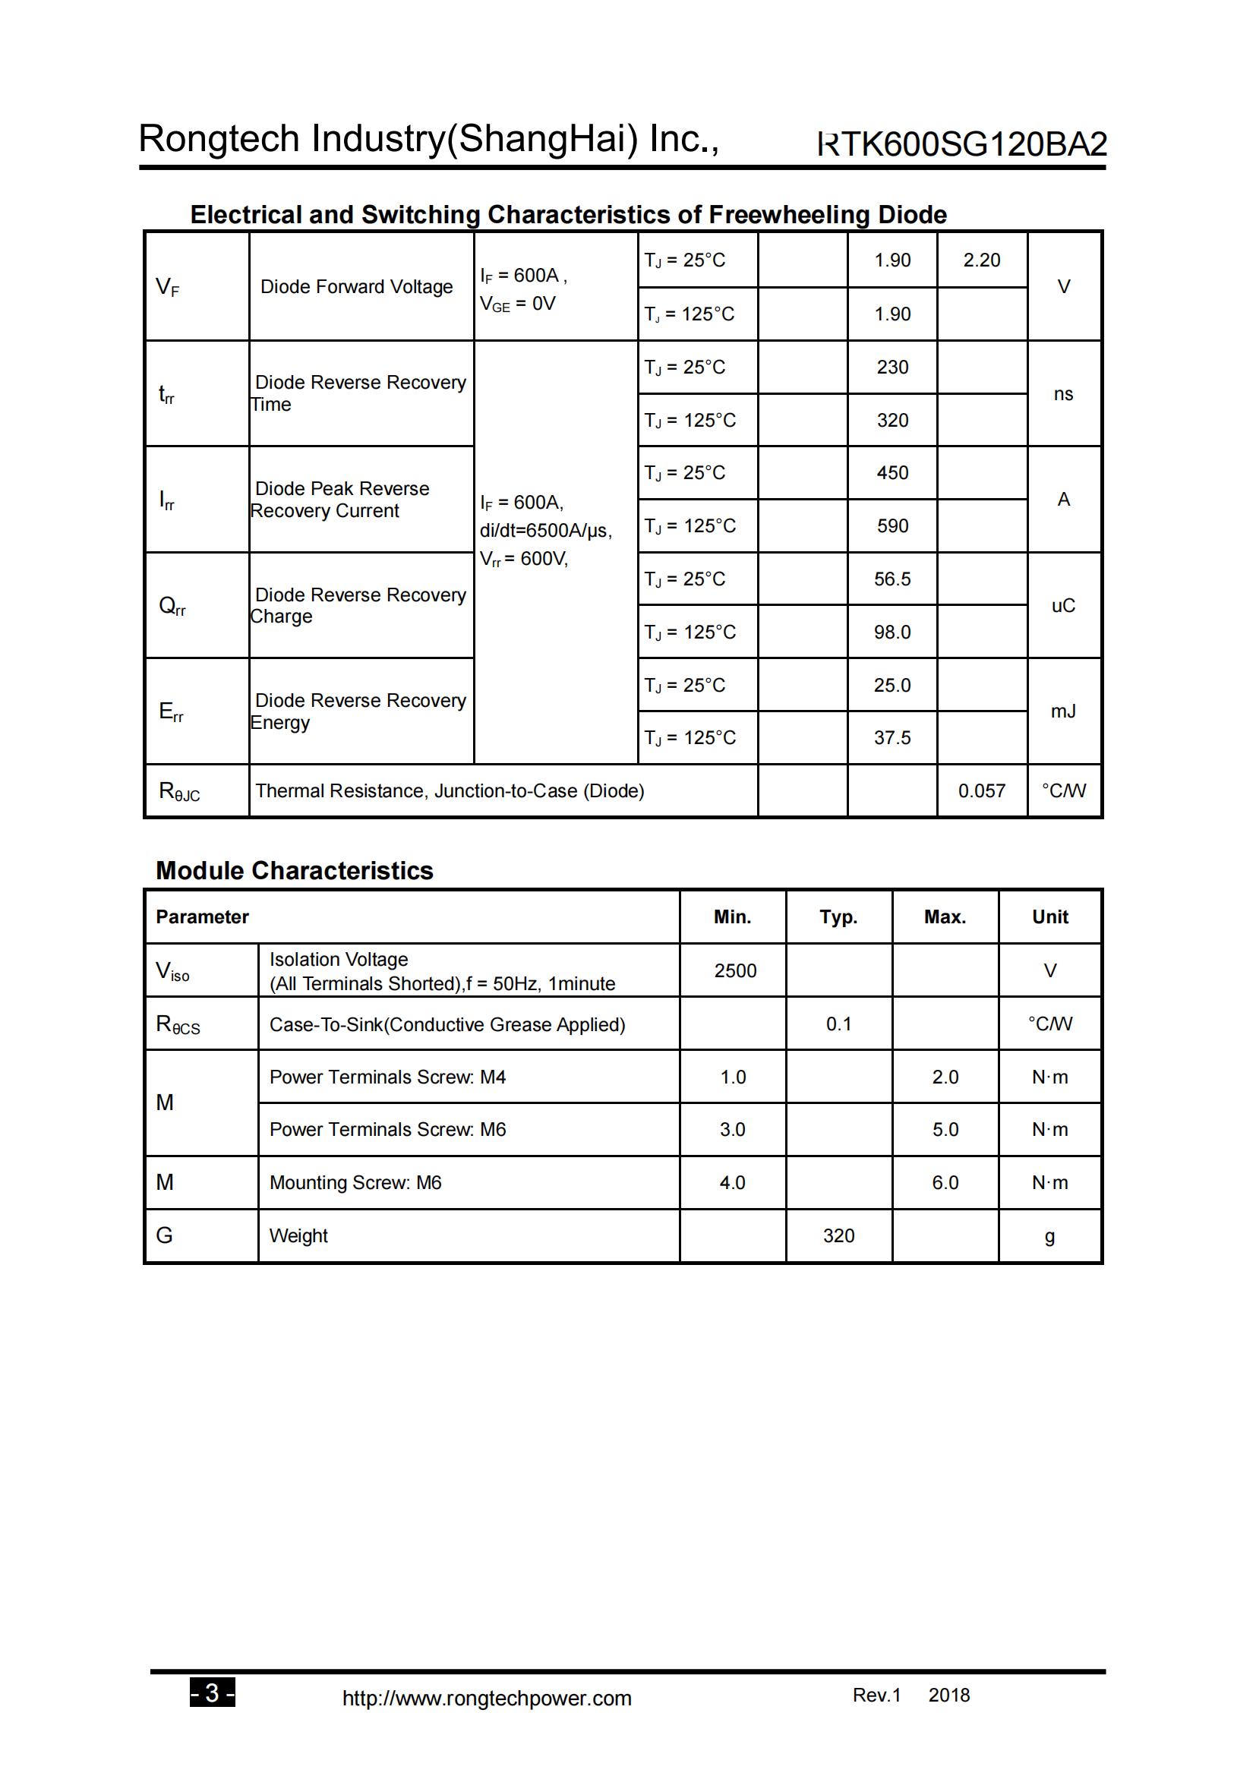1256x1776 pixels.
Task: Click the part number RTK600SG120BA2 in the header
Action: (x=961, y=144)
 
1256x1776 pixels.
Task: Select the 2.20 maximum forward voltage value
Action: (x=981, y=260)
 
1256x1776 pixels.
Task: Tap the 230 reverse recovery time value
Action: (x=892, y=368)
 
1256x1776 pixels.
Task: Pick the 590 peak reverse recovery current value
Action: (x=892, y=526)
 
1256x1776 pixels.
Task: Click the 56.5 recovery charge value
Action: (x=892, y=579)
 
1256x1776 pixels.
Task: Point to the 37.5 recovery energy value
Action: (x=892, y=738)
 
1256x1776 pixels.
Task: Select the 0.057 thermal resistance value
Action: (x=981, y=790)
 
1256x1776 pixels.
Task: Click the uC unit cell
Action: (x=1062, y=606)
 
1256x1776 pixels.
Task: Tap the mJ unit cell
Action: (x=1062, y=711)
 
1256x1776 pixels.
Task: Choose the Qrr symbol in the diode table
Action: (x=172, y=606)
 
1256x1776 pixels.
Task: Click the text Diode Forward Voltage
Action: (x=357, y=287)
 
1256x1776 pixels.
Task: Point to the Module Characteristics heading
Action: (x=294, y=871)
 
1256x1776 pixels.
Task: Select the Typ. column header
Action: (x=838, y=917)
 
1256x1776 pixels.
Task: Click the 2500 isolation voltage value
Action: (x=735, y=971)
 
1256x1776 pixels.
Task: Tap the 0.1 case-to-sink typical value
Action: (x=838, y=1024)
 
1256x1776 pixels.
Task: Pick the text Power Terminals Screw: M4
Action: (x=387, y=1077)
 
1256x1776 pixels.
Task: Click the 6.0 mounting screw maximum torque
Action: (x=945, y=1183)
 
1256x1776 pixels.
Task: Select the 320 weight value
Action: (x=838, y=1235)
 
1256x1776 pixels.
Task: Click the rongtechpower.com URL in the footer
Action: (x=487, y=1698)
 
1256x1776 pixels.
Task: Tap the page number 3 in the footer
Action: (x=212, y=1693)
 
